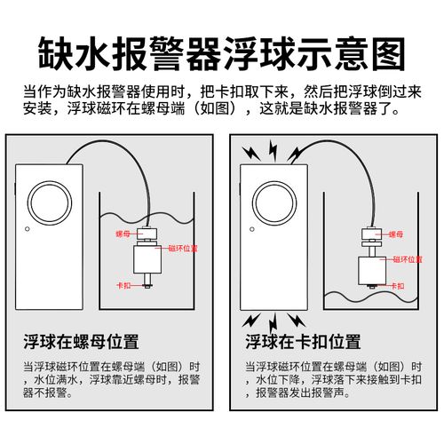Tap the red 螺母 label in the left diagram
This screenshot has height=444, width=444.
tap(123, 233)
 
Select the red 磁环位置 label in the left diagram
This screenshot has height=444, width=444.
tap(182, 249)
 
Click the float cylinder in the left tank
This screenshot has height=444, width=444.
tap(148, 261)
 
